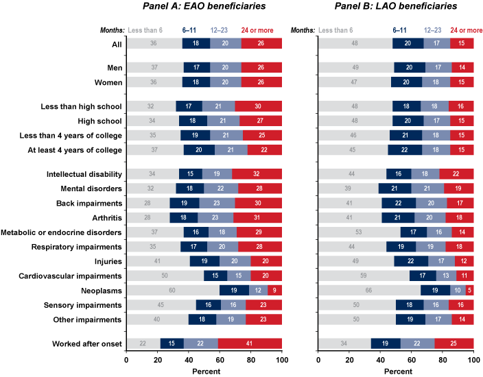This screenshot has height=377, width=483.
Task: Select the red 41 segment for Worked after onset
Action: tap(250, 343)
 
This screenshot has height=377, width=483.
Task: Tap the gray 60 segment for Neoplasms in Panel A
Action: tap(173, 290)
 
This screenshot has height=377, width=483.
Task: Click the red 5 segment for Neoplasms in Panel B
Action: tap(469, 290)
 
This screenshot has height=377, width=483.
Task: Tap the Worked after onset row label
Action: tap(87, 343)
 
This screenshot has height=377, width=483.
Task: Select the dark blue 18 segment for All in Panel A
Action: tap(196, 43)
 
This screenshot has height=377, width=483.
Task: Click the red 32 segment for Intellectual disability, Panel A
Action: tap(257, 173)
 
